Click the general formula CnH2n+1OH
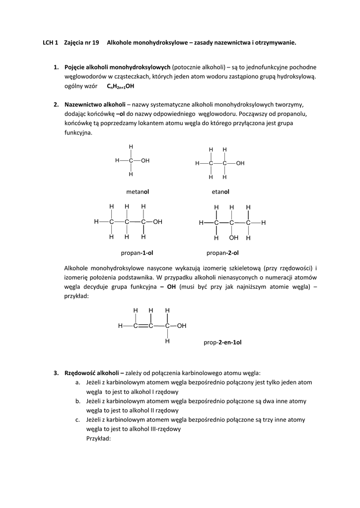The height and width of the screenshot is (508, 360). pyautogui.click(x=121, y=86)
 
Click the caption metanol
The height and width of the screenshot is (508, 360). pyautogui.click(x=138, y=191)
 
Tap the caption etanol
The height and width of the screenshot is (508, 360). pyautogui.click(x=220, y=191)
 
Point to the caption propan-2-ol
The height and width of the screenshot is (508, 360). pyautogui.click(x=222, y=253)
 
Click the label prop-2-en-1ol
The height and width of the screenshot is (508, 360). pyautogui.click(x=222, y=342)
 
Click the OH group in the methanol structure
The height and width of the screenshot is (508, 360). pyautogui.click(x=145, y=161)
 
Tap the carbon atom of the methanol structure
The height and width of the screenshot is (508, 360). pyautogui.click(x=131, y=161)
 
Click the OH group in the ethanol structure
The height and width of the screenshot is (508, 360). pyautogui.click(x=240, y=163)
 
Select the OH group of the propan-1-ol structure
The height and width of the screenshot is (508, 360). pyautogui.click(x=157, y=222)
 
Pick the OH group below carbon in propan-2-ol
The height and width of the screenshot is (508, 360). pyautogui.click(x=233, y=238)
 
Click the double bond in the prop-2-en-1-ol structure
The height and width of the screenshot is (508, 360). pyautogui.click(x=143, y=326)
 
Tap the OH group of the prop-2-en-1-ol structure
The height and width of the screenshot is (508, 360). pyautogui.click(x=182, y=326)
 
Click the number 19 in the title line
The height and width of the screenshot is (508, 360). pyautogui.click(x=95, y=43)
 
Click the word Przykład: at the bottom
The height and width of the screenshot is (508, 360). pyautogui.click(x=98, y=438)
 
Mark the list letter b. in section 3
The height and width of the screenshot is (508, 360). pyautogui.click(x=78, y=401)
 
